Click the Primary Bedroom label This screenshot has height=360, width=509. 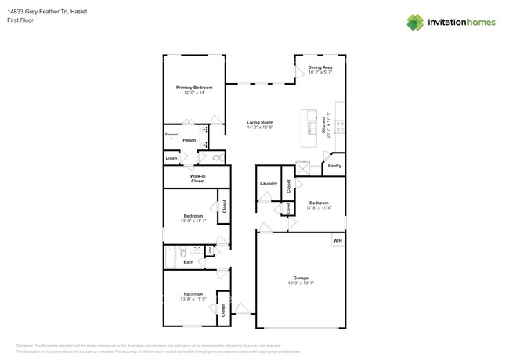(194, 87)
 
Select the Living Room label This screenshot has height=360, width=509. (260, 122)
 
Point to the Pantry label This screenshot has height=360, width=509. (334, 166)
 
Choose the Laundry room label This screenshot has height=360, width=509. (269, 184)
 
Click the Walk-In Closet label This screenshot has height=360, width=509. (197, 178)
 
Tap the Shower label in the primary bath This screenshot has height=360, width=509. (171, 135)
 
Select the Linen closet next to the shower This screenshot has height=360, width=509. (171, 158)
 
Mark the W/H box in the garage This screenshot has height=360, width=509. (337, 240)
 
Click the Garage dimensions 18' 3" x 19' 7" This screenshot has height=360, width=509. (301, 283)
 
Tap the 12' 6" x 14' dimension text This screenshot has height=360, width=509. (194, 92)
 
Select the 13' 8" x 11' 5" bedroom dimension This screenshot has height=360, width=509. (193, 300)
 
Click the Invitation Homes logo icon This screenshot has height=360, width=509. (416, 22)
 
